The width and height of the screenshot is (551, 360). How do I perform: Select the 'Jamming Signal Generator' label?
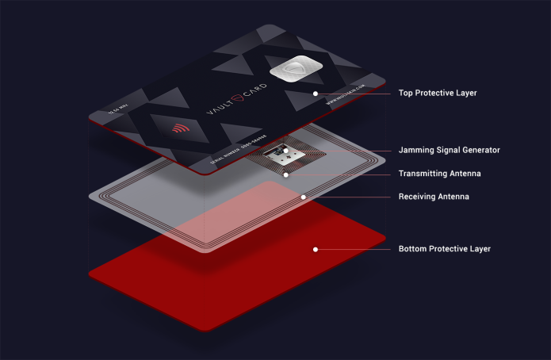point(449,150)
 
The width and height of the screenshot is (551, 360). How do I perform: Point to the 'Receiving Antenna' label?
point(434,197)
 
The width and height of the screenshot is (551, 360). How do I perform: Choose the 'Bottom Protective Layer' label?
point(445,249)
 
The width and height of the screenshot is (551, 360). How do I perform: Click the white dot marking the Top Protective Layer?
point(316,94)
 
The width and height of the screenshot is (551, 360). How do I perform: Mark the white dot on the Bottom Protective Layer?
point(316,249)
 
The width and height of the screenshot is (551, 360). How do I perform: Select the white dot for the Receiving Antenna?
point(303,196)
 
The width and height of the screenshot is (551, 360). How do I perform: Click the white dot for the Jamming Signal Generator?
point(285,150)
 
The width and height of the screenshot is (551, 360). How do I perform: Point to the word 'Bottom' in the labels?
point(413,249)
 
